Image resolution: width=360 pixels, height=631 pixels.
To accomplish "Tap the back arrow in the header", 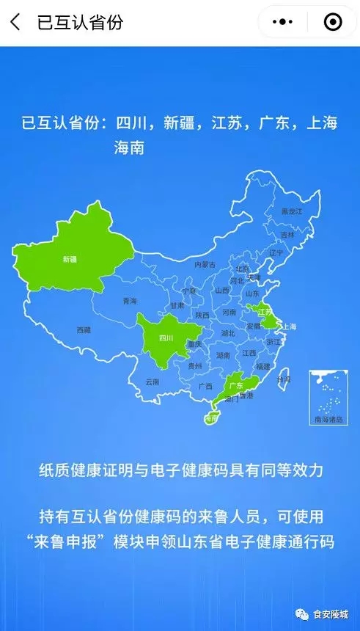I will (15, 22).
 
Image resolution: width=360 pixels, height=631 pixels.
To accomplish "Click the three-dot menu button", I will (283, 23).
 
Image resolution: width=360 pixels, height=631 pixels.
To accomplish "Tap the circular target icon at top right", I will (333, 23).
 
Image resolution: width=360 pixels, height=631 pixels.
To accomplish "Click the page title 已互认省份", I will (80, 22).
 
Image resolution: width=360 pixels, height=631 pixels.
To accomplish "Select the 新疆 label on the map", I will (70, 259).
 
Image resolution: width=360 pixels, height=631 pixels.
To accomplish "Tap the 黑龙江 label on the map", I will (292, 211).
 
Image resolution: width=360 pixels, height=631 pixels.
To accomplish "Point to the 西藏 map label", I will (84, 330).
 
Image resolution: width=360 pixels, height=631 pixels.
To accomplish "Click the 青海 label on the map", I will (130, 301).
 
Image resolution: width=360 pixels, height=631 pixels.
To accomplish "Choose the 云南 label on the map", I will (152, 382).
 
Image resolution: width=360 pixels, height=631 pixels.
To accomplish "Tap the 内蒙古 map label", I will (205, 264).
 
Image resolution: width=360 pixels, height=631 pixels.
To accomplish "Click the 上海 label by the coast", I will (289, 327).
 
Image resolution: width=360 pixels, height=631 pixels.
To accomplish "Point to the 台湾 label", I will (283, 379).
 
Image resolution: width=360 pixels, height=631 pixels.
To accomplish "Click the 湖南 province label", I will (223, 354).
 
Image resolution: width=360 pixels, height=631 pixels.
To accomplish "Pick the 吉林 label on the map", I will (287, 235).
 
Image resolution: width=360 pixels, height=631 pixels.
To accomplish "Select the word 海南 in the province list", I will (129, 147).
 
